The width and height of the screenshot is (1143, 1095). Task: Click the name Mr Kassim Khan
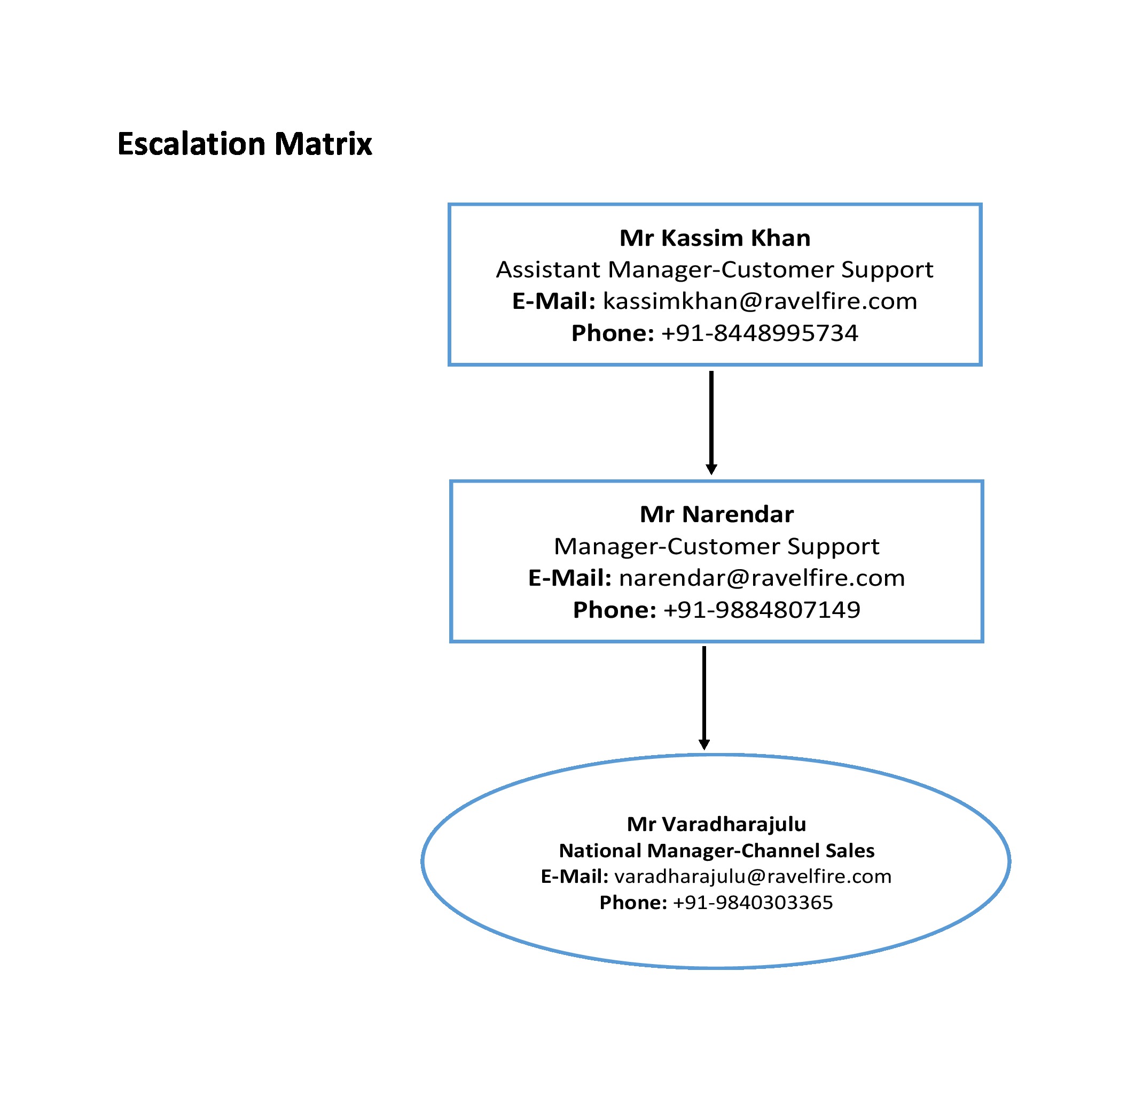[715, 237]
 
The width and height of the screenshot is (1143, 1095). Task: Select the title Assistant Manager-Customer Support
[715, 270]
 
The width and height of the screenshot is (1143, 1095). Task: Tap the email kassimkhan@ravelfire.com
[760, 301]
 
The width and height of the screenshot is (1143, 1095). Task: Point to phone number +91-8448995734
[760, 333]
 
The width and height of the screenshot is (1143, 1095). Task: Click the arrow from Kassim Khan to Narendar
[711, 423]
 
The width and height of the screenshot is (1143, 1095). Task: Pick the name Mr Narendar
[716, 514]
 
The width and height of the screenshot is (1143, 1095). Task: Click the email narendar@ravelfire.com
[762, 578]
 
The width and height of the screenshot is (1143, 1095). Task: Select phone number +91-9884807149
[762, 610]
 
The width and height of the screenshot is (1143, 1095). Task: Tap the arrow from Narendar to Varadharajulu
[704, 698]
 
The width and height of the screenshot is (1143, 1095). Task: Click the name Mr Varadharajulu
[716, 824]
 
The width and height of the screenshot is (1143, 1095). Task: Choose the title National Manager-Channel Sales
[716, 851]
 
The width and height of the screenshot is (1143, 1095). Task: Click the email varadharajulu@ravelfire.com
[753, 876]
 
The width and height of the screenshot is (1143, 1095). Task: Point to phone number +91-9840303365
[753, 903]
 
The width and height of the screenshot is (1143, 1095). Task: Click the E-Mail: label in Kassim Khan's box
[554, 301]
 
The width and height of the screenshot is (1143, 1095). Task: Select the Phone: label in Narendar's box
[615, 610]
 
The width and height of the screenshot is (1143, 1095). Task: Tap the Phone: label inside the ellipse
[633, 903]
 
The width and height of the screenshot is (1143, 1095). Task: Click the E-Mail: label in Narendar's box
[570, 578]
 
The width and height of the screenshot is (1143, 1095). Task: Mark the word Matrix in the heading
[323, 144]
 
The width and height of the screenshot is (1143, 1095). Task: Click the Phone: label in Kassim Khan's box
[613, 333]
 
